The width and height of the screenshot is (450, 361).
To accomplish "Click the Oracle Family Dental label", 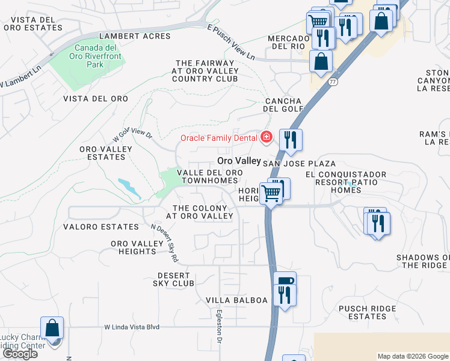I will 219,138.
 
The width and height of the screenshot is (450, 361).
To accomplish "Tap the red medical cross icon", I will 265,138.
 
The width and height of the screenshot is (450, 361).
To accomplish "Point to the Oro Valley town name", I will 239,161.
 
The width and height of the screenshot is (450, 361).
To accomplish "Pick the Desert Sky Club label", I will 173,278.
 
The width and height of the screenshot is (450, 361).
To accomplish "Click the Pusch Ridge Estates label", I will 367,312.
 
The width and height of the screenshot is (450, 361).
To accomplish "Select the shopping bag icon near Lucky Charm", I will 52,329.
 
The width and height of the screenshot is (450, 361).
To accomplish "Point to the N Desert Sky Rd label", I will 165,243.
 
